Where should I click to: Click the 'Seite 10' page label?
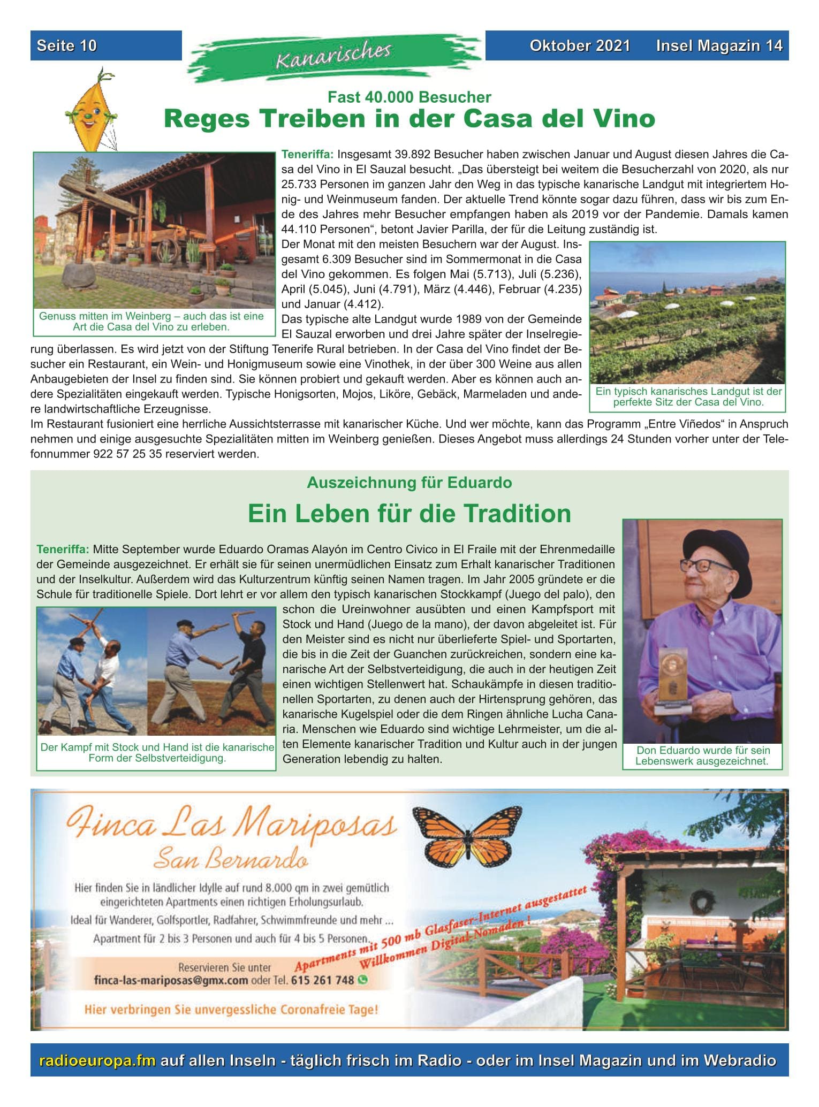[x=67, y=46]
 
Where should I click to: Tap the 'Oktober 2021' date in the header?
[x=580, y=46]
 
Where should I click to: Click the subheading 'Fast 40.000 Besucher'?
[x=409, y=97]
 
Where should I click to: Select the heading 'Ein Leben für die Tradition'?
[x=409, y=514]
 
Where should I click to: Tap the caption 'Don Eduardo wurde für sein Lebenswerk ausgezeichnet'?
[x=702, y=755]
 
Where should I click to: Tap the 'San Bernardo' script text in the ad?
[x=230, y=859]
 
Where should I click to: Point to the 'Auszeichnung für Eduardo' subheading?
[x=409, y=483]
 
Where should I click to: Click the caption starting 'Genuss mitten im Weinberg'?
[x=151, y=322]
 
